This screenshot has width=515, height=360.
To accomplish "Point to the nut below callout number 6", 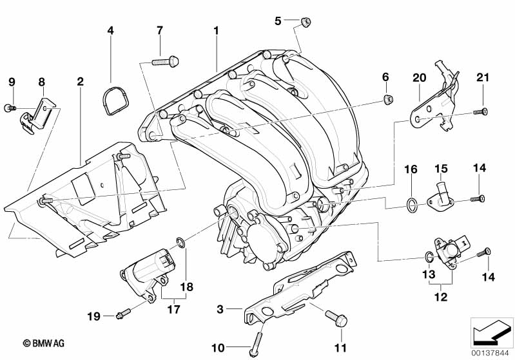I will point(386,99).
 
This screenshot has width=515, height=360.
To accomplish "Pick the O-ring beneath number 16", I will point(411,205).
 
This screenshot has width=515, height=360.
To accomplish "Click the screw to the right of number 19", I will point(122,314).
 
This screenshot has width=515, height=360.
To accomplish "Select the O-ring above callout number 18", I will point(182,243).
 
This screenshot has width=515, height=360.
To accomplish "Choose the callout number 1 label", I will point(217,30).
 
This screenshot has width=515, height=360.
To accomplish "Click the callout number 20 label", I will point(420,78).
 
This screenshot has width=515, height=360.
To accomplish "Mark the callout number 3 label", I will point(220,310).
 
